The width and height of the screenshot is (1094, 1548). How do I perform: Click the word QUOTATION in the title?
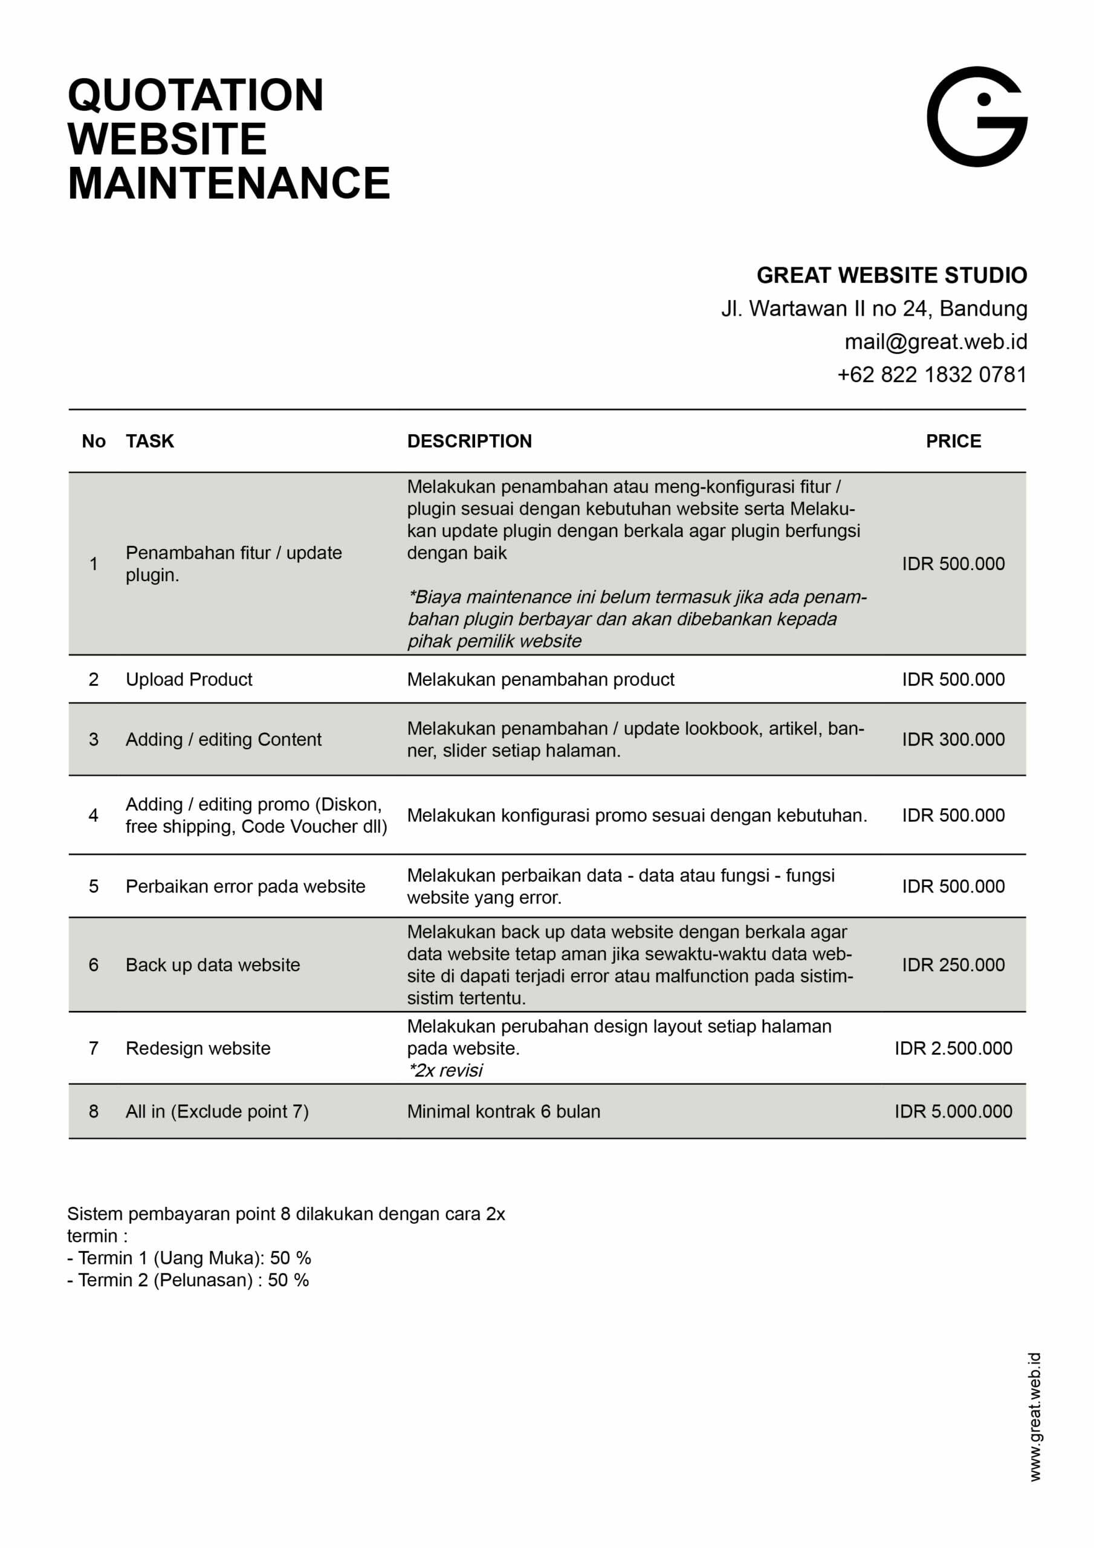coord(195,95)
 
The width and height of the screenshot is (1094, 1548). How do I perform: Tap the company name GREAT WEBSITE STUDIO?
coord(891,275)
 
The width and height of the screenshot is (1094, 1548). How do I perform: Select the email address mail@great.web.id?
coord(936,342)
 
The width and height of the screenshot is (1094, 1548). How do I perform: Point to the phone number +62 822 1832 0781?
coord(931,375)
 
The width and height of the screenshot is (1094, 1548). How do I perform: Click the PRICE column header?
coord(953,441)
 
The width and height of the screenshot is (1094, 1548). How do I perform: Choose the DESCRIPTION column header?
coord(469,441)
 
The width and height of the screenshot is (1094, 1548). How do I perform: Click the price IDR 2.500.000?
coord(953,1048)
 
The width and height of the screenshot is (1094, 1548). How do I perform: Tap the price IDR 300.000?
coord(953,739)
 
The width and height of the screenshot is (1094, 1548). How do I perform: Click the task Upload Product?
coord(189,679)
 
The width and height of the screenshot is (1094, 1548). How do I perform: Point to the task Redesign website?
coord(198,1048)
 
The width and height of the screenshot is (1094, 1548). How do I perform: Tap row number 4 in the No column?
coord(94,815)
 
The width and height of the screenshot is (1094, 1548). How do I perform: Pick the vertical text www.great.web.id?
coord(1035,1416)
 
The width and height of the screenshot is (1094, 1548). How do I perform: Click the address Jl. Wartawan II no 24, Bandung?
coord(873,309)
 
